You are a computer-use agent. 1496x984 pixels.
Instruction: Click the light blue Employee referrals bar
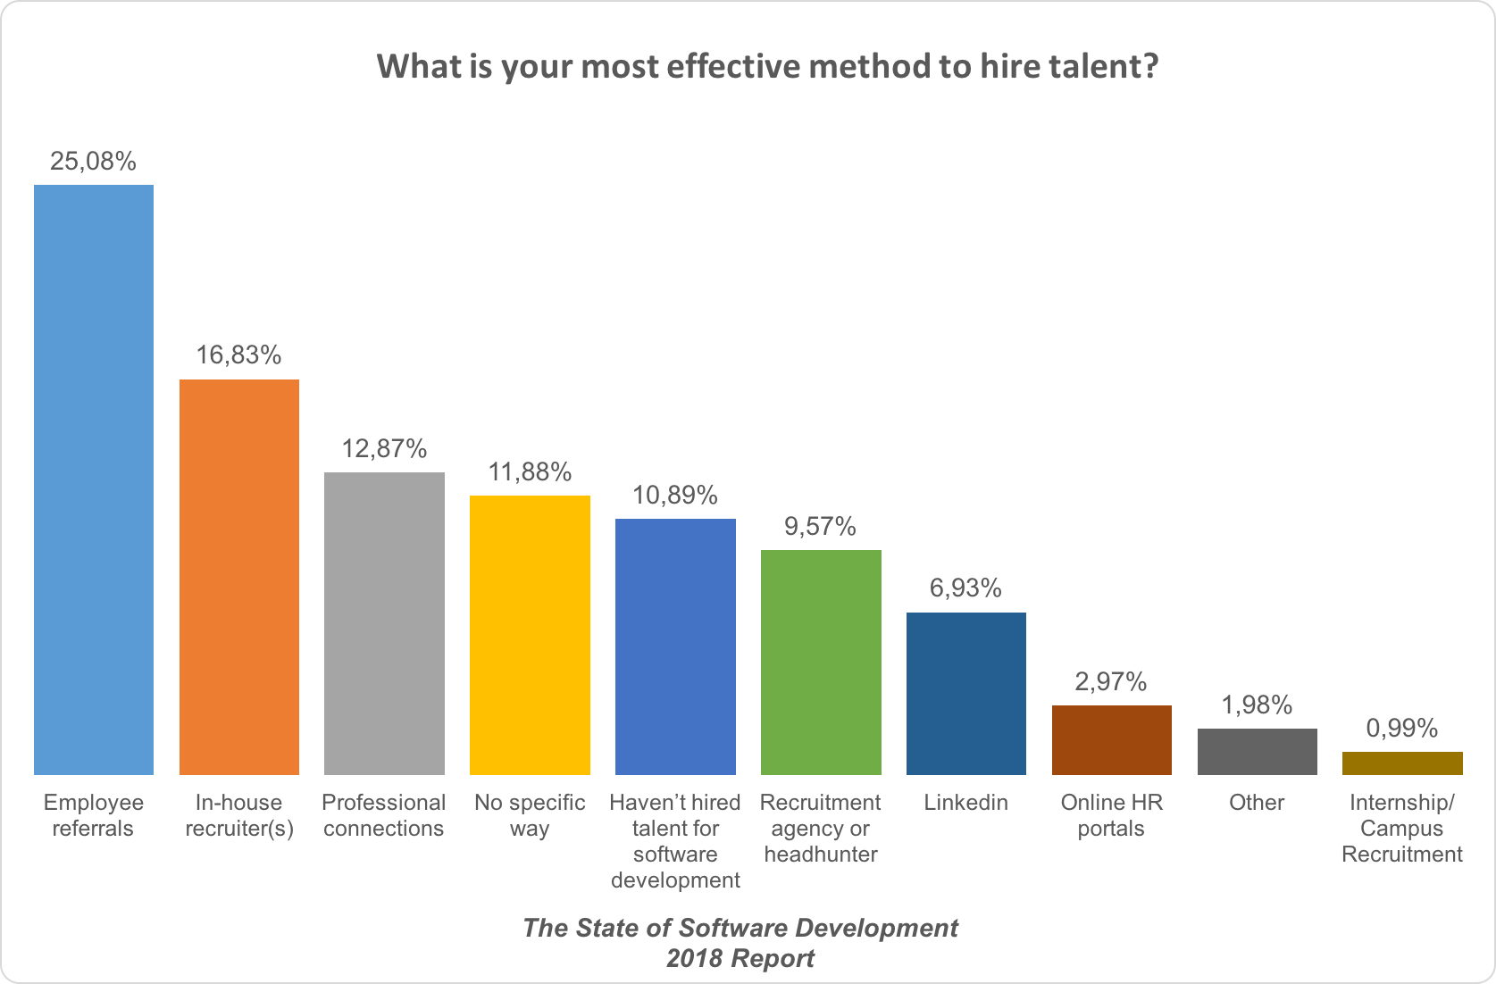pyautogui.click(x=94, y=479)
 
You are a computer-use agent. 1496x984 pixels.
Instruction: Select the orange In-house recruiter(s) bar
pyautogui.click(x=239, y=577)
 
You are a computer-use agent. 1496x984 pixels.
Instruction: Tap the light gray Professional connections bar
pyautogui.click(x=384, y=623)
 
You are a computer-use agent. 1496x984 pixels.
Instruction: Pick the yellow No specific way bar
pyautogui.click(x=530, y=635)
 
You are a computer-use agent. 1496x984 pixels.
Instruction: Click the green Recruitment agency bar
pyautogui.click(x=821, y=662)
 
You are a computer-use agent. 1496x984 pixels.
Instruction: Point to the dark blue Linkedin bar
pyautogui.click(x=966, y=693)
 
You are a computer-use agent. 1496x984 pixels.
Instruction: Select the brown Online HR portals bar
pyautogui.click(x=1112, y=739)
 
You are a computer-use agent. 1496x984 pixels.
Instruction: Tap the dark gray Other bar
pyautogui.click(x=1258, y=751)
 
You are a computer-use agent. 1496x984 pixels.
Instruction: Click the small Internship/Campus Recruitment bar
pyautogui.click(x=1402, y=763)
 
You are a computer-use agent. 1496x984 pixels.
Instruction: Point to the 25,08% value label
pyautogui.click(x=94, y=162)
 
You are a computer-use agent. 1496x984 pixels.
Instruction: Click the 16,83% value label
pyautogui.click(x=239, y=355)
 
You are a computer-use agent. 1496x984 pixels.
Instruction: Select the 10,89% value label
pyautogui.click(x=675, y=495)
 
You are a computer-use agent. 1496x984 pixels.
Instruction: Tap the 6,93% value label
pyautogui.click(x=966, y=588)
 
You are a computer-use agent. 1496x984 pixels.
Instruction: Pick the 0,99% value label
pyautogui.click(x=1402, y=729)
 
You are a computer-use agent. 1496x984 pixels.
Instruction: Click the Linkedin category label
pyautogui.click(x=966, y=803)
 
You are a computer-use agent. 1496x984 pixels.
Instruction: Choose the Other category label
pyautogui.click(x=1257, y=803)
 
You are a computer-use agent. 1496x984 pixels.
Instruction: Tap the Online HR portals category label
pyautogui.click(x=1112, y=815)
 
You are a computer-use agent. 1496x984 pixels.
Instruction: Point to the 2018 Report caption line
pyautogui.click(x=740, y=959)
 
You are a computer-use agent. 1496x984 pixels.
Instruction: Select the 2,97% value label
pyautogui.click(x=1111, y=682)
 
